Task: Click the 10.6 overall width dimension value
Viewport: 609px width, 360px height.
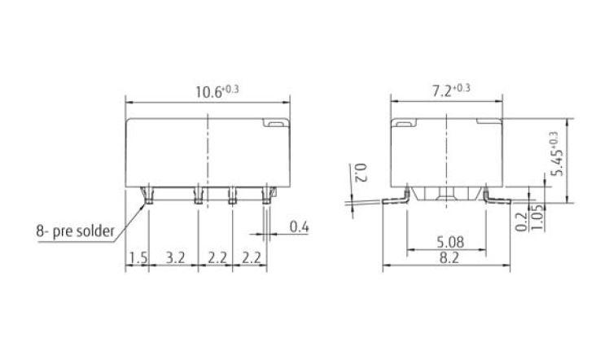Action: point(206,91)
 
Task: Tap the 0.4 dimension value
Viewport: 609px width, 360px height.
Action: point(300,228)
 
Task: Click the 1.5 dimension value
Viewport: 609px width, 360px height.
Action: point(137,259)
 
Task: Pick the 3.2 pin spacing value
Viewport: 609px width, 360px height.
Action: point(174,259)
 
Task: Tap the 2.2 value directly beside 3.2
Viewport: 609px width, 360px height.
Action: point(215,259)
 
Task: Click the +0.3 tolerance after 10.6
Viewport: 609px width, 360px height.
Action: point(230,88)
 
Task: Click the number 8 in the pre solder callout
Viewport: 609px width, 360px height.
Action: point(38,230)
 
